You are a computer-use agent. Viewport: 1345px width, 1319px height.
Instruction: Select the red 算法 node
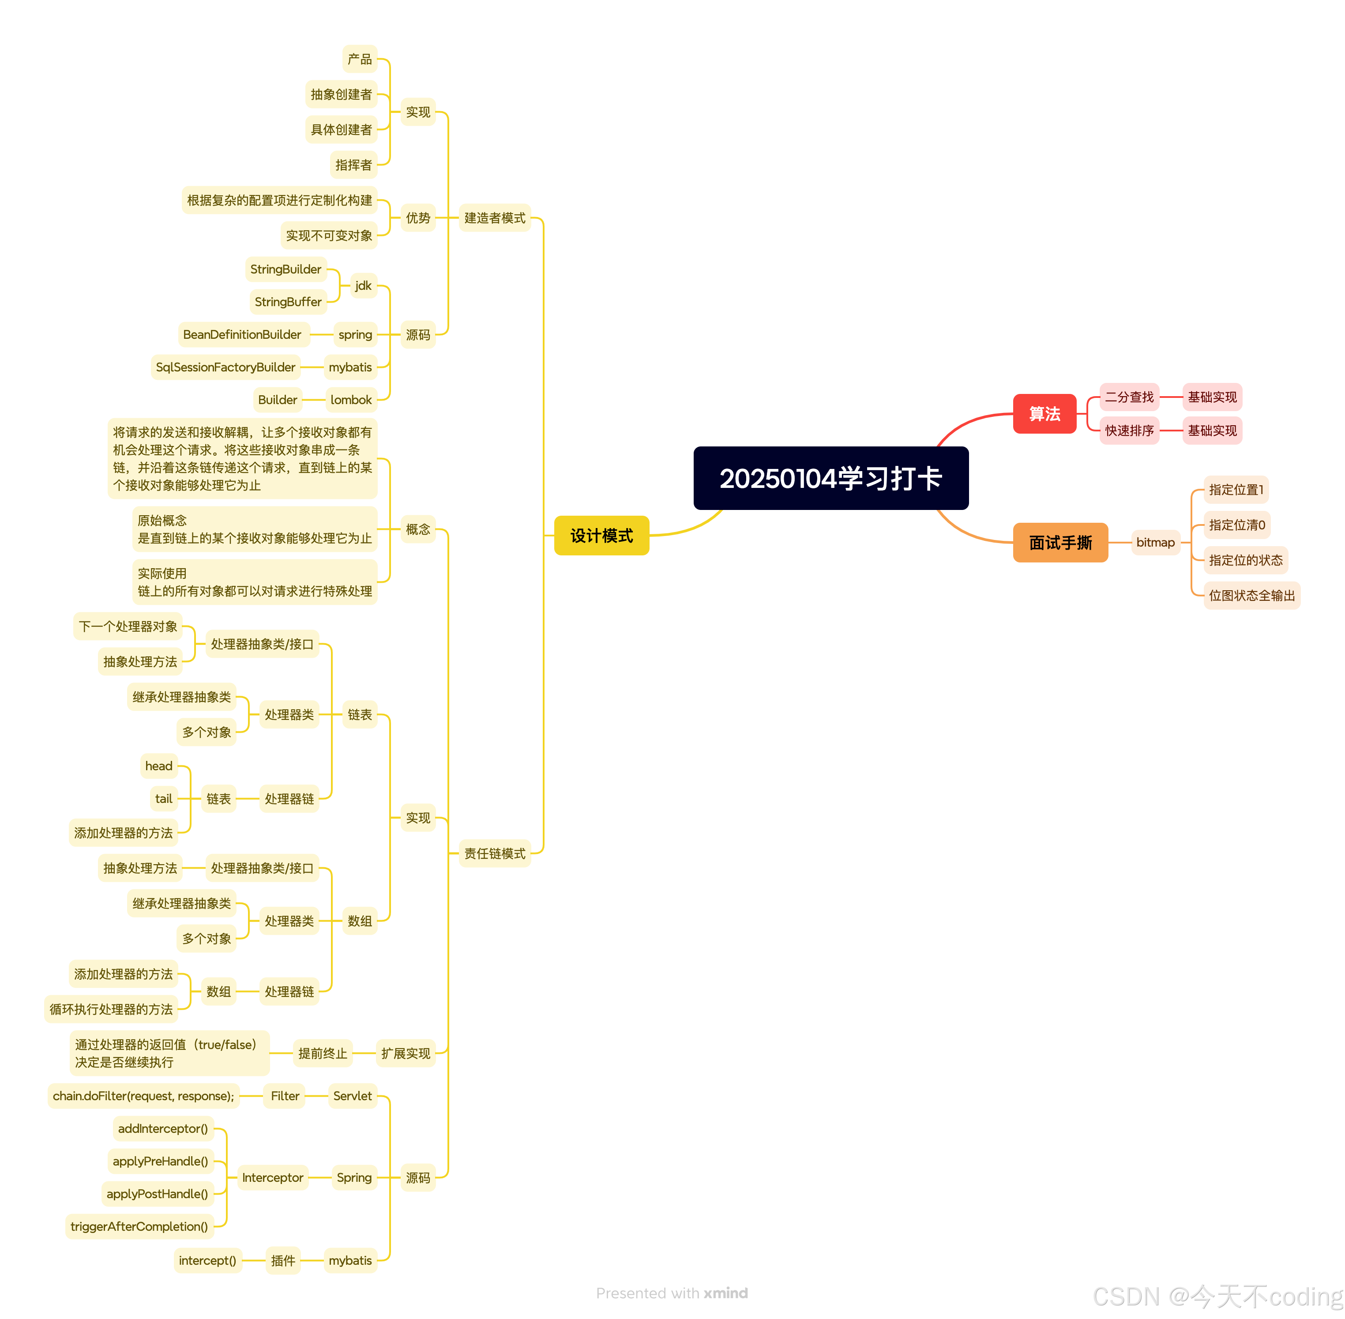tap(1044, 414)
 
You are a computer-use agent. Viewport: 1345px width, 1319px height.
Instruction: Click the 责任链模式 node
tap(494, 854)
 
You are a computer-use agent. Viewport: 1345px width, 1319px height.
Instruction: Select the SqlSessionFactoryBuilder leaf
tap(225, 367)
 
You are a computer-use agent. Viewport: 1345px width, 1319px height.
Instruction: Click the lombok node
tap(351, 400)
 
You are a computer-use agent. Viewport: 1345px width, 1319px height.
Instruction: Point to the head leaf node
tap(159, 765)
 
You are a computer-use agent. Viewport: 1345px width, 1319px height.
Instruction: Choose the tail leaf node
tap(164, 799)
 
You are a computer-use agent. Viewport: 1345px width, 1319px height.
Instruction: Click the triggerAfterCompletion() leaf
tap(139, 1226)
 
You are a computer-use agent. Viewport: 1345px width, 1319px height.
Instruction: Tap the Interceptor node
tap(272, 1178)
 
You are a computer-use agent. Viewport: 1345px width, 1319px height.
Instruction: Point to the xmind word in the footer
tap(725, 1293)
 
